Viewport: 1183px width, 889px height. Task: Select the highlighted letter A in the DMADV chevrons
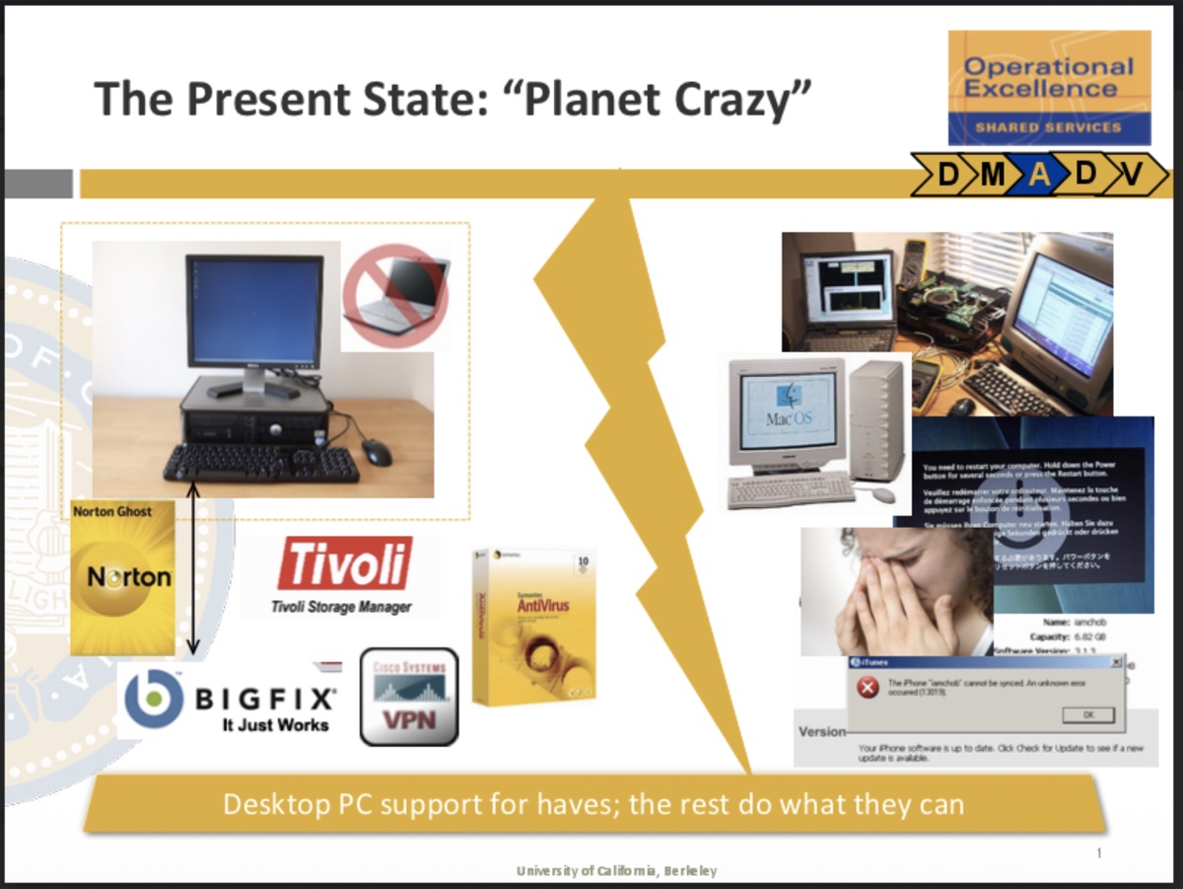tap(1039, 175)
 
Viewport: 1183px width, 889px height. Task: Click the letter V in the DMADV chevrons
tap(1132, 175)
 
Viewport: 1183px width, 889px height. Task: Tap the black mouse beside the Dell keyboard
tap(377, 452)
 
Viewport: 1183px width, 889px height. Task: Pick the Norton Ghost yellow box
tap(122, 577)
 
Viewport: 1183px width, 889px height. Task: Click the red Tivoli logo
tap(344, 564)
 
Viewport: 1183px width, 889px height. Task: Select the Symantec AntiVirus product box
tap(533, 626)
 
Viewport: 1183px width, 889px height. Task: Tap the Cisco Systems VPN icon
tap(409, 697)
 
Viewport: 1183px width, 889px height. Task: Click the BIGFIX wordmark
tap(263, 700)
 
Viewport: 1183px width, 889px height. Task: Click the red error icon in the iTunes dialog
tap(868, 689)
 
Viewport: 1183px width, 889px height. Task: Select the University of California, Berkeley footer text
tap(617, 870)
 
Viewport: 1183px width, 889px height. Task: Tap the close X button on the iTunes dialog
tap(1115, 662)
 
